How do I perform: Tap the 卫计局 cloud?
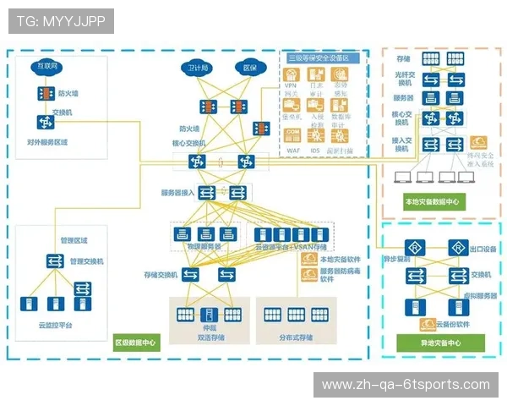(x=199, y=67)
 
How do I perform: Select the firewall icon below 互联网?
(x=43, y=94)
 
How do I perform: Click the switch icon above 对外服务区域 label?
(x=43, y=121)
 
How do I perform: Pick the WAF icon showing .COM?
(x=292, y=135)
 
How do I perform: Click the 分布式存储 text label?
(x=296, y=337)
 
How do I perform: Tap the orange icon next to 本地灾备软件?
(x=307, y=259)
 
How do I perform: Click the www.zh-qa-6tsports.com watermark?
(x=406, y=385)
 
